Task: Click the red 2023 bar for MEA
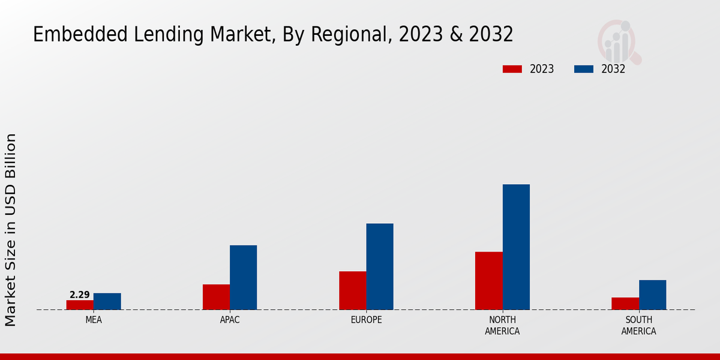[x=80, y=305]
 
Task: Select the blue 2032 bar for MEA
[x=107, y=301]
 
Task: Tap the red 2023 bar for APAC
[x=216, y=297]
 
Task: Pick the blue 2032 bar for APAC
[x=243, y=277]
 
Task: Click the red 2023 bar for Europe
[x=352, y=290]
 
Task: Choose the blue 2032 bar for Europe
[x=380, y=266]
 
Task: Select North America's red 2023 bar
[x=488, y=281]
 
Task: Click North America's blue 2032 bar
[x=516, y=247]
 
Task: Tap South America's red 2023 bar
[x=625, y=304]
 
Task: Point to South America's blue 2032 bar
[x=652, y=295]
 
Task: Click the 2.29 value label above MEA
[x=79, y=295]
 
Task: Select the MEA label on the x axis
[x=94, y=320]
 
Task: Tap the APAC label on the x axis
[x=230, y=320]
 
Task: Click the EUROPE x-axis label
[x=366, y=320]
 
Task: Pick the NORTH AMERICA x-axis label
[x=502, y=325]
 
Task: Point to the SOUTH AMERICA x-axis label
[x=638, y=325]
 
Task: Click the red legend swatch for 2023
[x=512, y=69]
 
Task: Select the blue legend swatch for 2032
[x=583, y=69]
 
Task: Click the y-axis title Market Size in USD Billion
[x=11, y=230]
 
